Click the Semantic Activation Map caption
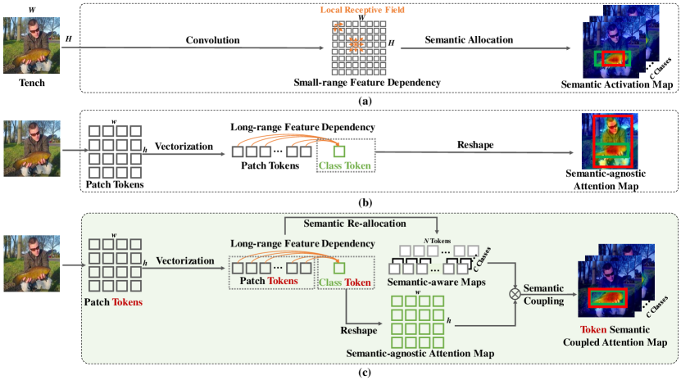[610, 84]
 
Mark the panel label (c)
[343, 373]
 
